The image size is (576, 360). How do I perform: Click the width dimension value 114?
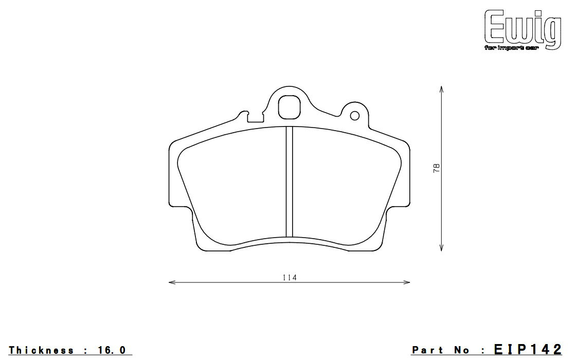coord(290,277)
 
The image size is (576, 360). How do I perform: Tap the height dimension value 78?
coord(437,168)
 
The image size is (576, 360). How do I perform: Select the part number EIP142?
coord(527,350)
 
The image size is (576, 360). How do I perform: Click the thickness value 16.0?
coord(110,350)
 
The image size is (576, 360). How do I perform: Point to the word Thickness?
coord(41,350)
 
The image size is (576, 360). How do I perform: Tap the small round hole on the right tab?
coord(354,116)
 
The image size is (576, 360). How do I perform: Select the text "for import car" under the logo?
coord(514,48)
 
